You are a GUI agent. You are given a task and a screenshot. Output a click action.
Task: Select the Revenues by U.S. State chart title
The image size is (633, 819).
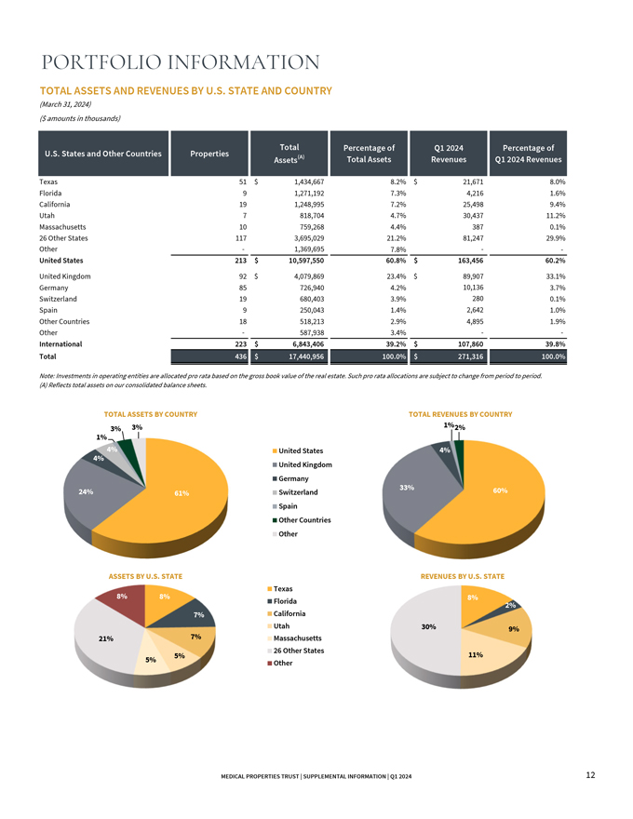pyautogui.click(x=464, y=576)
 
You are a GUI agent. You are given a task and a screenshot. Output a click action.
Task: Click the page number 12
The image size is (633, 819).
pyautogui.click(x=591, y=775)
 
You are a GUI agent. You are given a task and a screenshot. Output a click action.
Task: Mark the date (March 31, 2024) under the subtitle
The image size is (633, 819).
pyautogui.click(x=65, y=104)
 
